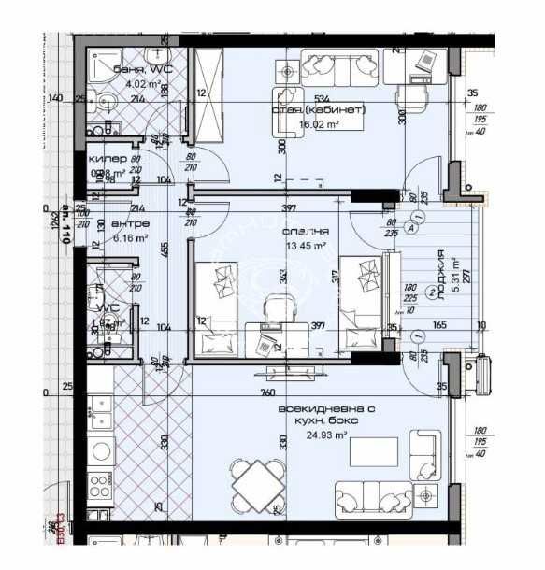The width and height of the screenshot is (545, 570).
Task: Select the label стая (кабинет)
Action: coord(318,109)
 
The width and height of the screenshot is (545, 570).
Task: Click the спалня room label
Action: coord(303,232)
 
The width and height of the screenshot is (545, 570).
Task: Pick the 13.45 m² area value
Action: coord(305,246)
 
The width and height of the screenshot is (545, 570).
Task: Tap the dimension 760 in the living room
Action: coord(267,393)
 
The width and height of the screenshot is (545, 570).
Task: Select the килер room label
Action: coord(107,159)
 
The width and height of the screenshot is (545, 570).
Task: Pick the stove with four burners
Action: coord(99,487)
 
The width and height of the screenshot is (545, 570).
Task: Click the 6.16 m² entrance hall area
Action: coord(130,237)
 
